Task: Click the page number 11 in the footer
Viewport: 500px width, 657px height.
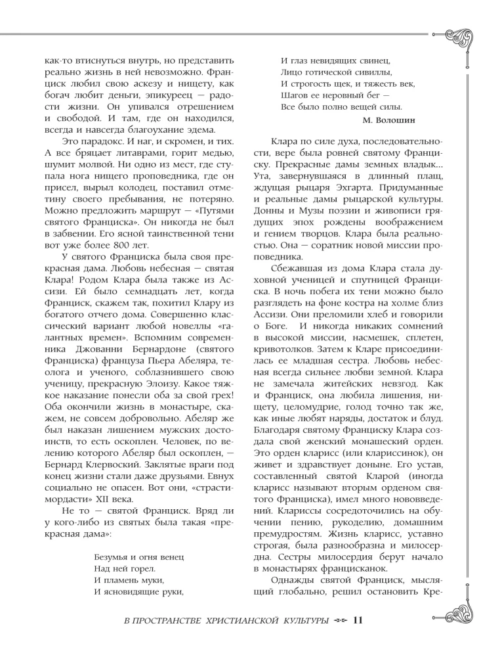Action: point(358,620)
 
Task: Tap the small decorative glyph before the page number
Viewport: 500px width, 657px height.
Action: point(339,620)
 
